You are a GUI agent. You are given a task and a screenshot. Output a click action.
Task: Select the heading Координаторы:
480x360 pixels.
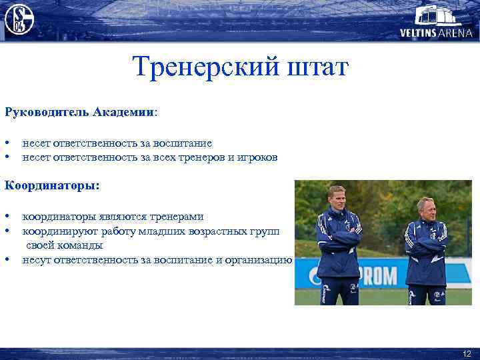click(x=52, y=185)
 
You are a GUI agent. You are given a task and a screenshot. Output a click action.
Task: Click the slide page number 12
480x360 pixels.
click(x=466, y=353)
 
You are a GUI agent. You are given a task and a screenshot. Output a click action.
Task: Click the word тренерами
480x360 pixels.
click(x=174, y=217)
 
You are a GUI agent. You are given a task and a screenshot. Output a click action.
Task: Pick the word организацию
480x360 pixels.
click(x=259, y=259)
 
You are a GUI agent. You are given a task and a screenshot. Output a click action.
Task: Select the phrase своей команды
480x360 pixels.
click(x=65, y=245)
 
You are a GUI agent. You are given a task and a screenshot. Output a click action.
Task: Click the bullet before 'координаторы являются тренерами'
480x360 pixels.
click(x=7, y=217)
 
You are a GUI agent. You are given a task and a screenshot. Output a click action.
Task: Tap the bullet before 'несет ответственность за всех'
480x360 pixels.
click(x=7, y=157)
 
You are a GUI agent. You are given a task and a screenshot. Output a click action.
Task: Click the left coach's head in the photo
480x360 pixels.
click(x=337, y=198)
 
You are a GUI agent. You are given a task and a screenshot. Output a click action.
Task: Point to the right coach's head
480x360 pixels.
click(x=425, y=208)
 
